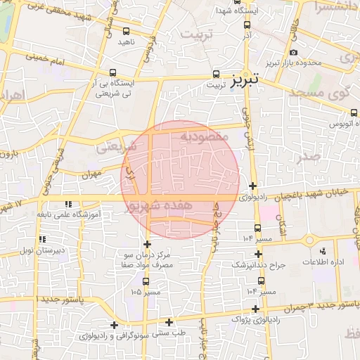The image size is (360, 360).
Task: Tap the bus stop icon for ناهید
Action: pos(126,32)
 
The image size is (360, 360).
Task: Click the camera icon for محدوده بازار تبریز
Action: pos(293,52)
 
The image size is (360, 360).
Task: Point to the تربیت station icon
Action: pos(216,74)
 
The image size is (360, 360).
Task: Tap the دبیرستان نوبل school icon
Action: pos(31,240)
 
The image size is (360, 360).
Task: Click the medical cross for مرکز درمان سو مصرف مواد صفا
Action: pos(148,243)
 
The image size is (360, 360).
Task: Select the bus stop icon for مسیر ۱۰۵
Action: pos(146,281)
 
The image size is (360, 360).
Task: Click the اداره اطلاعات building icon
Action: pos(323,251)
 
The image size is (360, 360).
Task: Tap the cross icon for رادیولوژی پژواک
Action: pos(255,309)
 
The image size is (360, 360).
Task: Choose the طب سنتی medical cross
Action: pos(169,323)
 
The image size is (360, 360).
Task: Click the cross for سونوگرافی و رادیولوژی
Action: pos(115,326)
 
